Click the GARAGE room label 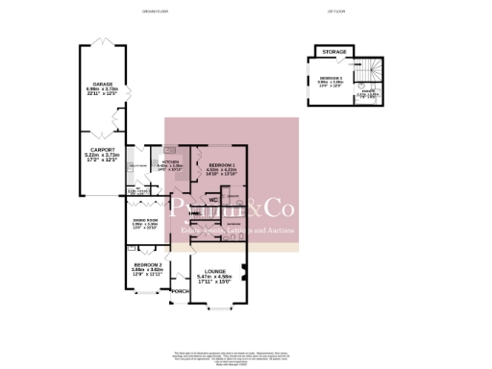click(102, 84)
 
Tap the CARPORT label click(102, 150)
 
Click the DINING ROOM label click(145, 220)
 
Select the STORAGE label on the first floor click(334, 51)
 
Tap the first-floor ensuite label click(367, 94)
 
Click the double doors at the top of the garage click(102, 42)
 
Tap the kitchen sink click(170, 150)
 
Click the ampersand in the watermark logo click(252, 209)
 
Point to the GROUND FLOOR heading click(129, 12)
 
